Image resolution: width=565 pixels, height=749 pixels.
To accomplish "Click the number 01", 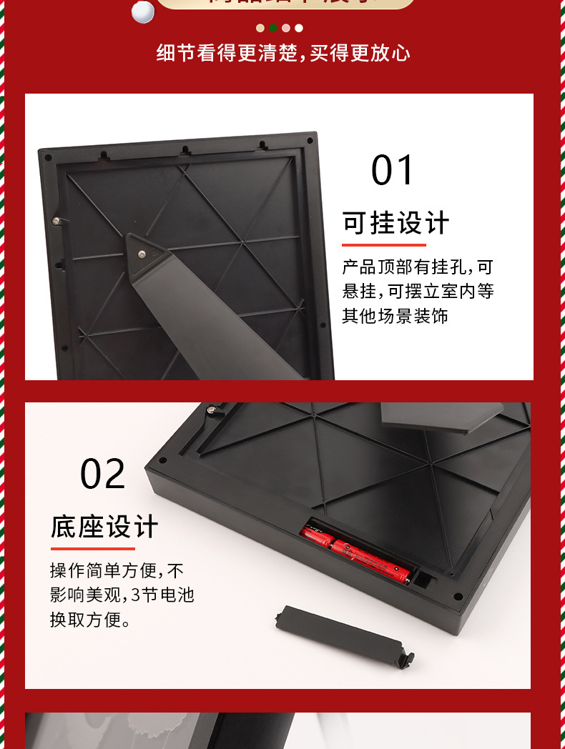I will point(393,171).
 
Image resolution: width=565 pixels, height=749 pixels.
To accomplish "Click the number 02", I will point(102,475).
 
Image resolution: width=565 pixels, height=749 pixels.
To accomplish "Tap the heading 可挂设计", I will point(395,223).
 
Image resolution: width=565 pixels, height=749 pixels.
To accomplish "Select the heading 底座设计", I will point(104,527).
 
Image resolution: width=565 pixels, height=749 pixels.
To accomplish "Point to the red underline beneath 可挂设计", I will point(383,245).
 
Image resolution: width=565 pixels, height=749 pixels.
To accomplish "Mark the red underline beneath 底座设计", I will point(92,549).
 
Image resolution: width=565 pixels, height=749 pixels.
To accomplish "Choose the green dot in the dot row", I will point(273,28).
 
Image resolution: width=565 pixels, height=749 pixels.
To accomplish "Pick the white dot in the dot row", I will point(299,28).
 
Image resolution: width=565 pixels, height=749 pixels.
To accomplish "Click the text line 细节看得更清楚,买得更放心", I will point(283,53).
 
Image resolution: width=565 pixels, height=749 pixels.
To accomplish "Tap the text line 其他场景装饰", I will point(395,315).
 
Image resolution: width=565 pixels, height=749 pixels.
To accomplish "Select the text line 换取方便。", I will point(90,620).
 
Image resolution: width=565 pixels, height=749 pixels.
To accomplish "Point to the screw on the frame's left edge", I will point(56,220).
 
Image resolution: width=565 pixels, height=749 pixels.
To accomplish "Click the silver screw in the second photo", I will point(211,410).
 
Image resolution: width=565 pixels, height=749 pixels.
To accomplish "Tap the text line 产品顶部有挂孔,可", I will point(418,267).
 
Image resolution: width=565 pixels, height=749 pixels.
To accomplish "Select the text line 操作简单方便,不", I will point(117,570).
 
